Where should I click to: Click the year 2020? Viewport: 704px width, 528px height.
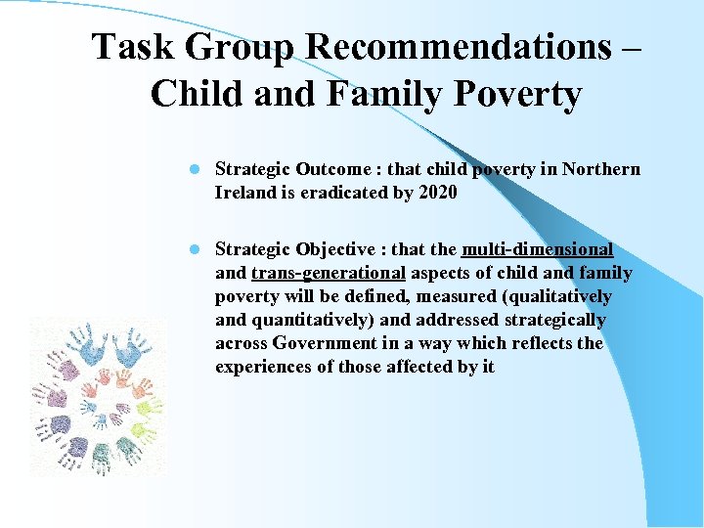click(x=436, y=193)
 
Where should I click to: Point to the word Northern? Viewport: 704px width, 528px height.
click(x=600, y=169)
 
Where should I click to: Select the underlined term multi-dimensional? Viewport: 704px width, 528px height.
click(x=538, y=249)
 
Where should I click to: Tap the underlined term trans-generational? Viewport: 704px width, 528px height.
click(x=328, y=273)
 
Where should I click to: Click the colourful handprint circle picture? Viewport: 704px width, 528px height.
click(x=97, y=395)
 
